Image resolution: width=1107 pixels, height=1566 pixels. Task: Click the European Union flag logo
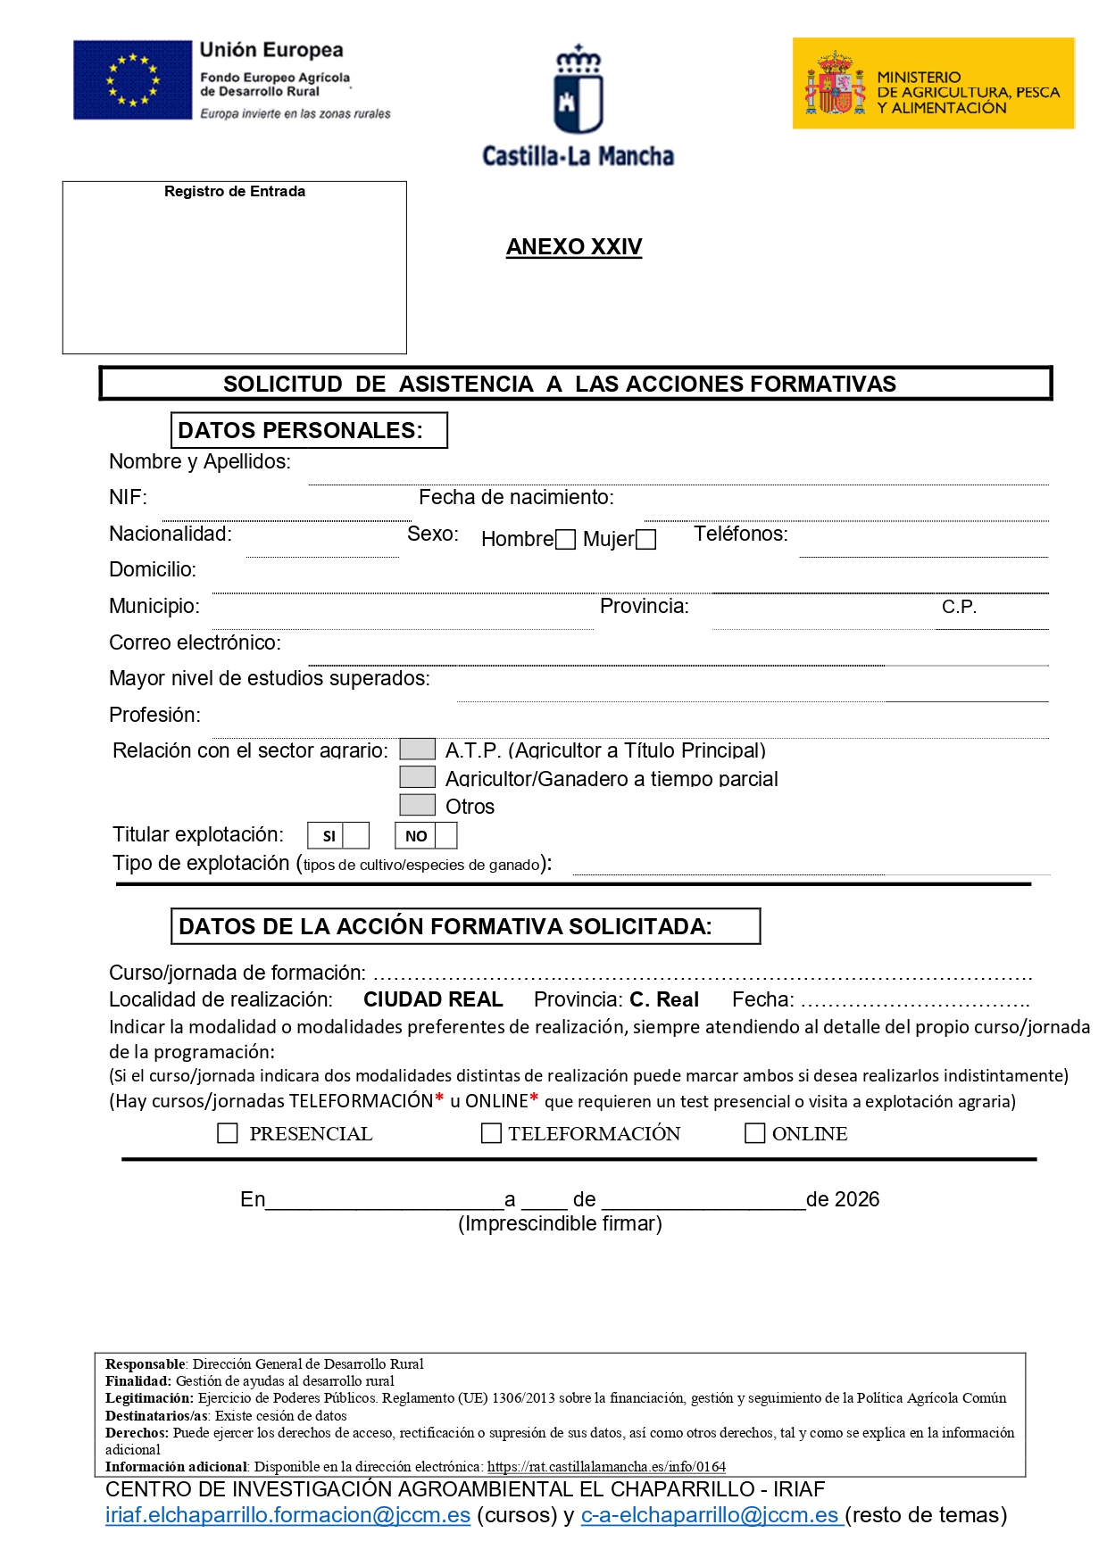132,79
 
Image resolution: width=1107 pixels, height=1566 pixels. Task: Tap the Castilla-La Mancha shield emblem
578,90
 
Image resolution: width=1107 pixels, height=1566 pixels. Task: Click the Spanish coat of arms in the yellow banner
835,84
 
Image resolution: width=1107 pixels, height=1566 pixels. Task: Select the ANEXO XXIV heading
574,247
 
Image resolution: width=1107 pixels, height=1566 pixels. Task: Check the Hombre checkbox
565,540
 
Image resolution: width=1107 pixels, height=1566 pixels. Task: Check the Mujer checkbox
646,540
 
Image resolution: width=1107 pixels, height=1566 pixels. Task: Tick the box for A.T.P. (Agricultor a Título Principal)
417,749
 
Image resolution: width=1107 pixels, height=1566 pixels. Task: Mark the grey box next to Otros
417,805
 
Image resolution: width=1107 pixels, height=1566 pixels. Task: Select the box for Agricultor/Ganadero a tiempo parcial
417,777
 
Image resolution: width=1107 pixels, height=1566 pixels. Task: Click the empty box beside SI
356,835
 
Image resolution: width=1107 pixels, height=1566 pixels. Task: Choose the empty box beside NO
445,835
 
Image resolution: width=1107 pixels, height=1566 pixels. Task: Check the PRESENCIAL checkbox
228,1133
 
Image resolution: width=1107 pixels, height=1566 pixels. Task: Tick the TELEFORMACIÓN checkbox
491,1133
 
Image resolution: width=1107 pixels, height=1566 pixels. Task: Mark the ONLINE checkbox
754,1133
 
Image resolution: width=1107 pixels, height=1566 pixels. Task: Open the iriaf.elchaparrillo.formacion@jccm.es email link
287,1515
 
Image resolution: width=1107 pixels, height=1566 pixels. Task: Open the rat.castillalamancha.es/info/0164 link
606,1467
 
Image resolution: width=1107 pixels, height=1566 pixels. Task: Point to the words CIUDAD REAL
433,999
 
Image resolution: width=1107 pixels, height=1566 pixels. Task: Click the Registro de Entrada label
235,192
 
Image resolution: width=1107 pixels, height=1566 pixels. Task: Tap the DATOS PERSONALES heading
300,430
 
